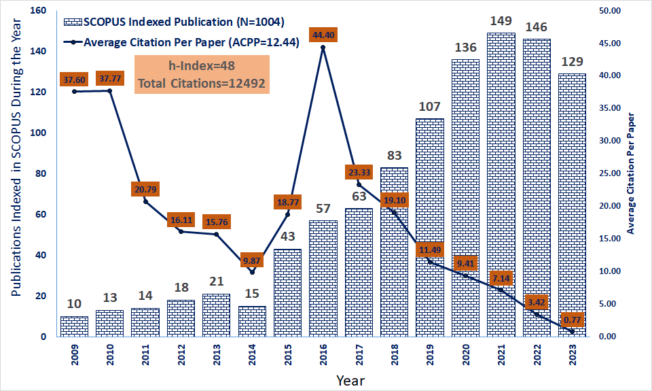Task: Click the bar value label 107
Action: tap(430, 107)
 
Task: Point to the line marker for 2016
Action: tap(323, 48)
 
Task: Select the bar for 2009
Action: tap(75, 326)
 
